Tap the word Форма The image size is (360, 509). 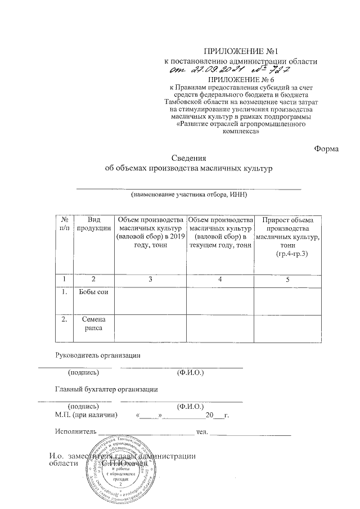pyautogui.click(x=326, y=148)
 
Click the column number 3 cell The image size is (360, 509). pyautogui.click(x=150, y=280)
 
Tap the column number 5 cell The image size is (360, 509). pyautogui.click(x=287, y=280)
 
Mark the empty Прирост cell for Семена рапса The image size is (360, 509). pyautogui.click(x=287, y=327)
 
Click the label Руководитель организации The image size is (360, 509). pyautogui.click(x=97, y=355)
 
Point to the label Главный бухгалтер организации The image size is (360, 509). pyautogui.click(x=106, y=389)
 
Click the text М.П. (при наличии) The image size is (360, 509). pyautogui.click(x=87, y=415)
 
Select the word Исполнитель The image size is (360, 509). pyautogui.click(x=75, y=431)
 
